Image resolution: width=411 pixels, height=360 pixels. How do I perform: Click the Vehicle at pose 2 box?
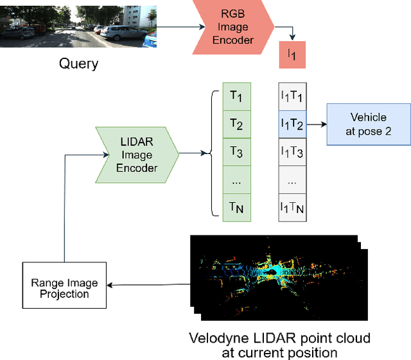[x=368, y=124]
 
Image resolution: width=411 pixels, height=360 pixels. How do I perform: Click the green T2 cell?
[x=236, y=124]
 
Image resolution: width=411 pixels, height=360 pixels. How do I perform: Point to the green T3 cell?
[x=236, y=153]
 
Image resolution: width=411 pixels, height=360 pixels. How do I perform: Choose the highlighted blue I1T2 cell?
[x=292, y=124]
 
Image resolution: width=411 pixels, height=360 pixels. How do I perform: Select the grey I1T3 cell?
[x=292, y=153]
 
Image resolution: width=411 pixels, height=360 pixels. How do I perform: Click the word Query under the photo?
[x=78, y=63]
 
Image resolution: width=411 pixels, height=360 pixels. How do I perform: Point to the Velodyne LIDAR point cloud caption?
[x=280, y=344]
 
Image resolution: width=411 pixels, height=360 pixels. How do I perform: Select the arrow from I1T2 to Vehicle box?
[x=316, y=124]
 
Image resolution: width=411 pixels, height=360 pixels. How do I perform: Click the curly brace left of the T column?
[x=210, y=153]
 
